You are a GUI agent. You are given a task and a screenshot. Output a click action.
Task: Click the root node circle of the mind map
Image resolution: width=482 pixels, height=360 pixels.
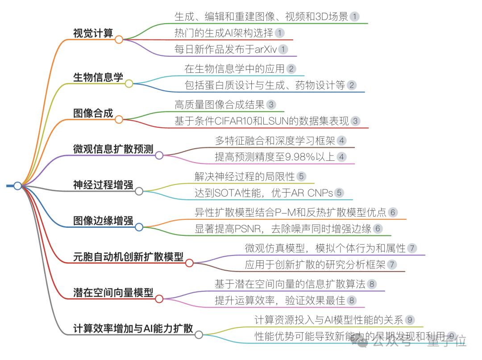coord(17,186)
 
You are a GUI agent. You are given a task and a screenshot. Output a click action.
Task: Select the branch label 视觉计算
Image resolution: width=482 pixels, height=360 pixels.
coord(93,33)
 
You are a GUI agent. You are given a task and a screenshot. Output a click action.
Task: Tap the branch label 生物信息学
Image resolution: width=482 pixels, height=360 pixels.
coord(98,77)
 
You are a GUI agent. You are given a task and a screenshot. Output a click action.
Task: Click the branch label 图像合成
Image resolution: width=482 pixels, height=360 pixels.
coord(93,113)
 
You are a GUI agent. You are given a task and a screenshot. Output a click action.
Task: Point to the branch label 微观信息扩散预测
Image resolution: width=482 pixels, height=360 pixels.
coord(113,149)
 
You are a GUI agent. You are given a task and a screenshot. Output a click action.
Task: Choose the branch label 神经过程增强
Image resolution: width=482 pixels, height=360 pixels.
coord(103,184)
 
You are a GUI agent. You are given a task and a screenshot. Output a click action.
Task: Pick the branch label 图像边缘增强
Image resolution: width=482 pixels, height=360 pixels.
coord(103,221)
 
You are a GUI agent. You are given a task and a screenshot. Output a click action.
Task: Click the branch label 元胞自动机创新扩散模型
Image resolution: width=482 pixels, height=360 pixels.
coord(128,257)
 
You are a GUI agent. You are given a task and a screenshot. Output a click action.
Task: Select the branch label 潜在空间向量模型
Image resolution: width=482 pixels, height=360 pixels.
coord(113,293)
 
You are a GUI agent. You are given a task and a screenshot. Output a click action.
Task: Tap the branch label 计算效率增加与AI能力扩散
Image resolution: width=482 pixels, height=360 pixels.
coord(133,328)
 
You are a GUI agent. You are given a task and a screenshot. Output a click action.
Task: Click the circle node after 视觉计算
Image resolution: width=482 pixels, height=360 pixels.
coord(119,40)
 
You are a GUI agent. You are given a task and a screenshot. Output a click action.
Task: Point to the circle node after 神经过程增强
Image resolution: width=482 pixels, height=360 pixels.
coord(139,191)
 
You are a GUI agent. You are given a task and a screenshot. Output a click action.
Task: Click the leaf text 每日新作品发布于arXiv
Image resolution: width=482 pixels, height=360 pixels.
coord(226,49)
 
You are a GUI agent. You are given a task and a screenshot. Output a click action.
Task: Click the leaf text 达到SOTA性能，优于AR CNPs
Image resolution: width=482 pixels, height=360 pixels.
coord(263,193)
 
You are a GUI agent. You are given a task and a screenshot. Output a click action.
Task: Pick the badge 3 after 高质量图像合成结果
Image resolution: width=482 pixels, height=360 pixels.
coord(271,105)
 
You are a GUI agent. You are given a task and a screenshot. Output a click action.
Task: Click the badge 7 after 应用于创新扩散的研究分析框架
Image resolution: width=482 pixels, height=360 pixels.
coord(392,264)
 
